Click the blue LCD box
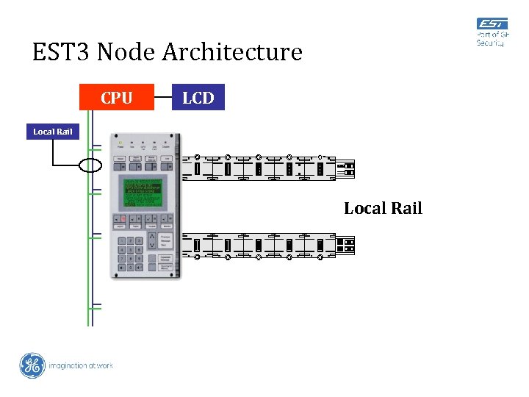tap(198, 98)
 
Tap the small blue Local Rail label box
tap(53, 132)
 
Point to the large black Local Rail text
tap(383, 208)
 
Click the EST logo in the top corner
tap(492, 25)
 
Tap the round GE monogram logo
tap(32, 365)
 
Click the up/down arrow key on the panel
tap(151, 241)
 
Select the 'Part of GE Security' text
tap(492, 39)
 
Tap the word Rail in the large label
tap(406, 208)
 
